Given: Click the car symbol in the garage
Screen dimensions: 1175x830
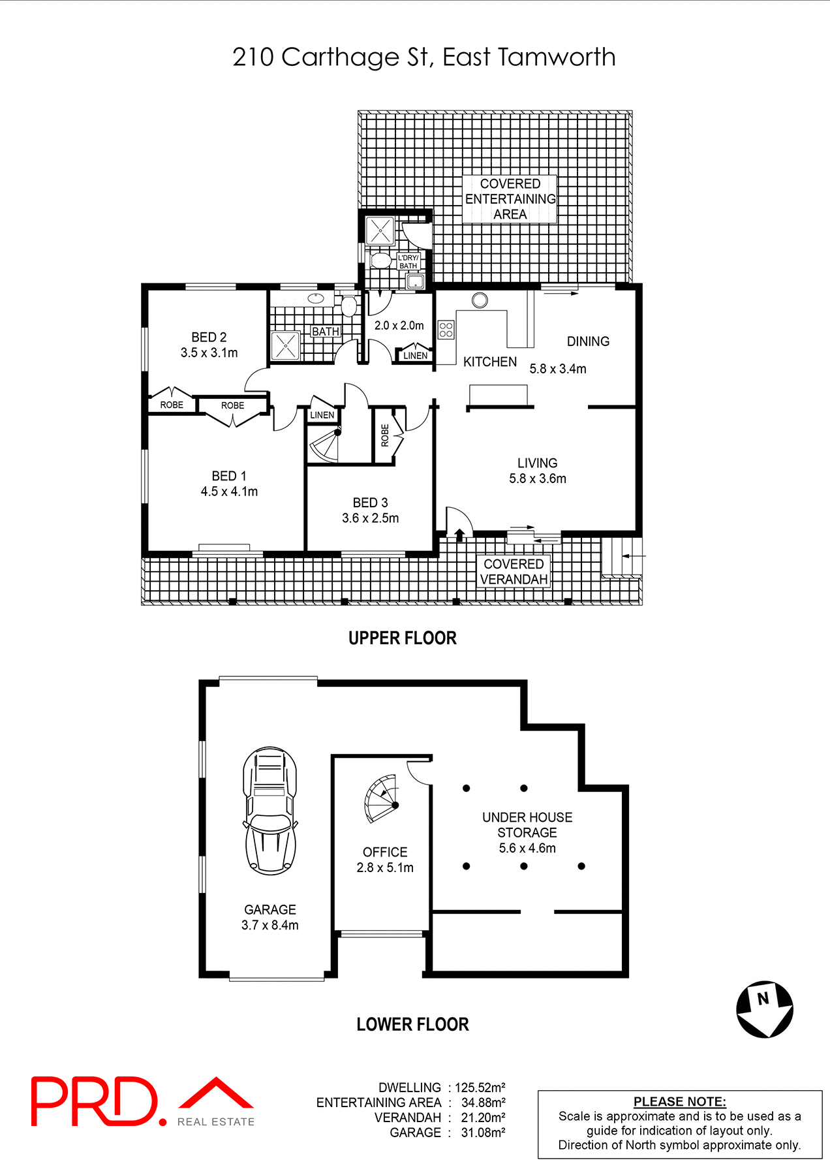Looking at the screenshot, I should click(270, 811).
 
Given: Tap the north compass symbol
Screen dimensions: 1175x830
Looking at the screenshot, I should click(765, 1009).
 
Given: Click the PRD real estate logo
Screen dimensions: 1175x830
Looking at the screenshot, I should click(142, 1102).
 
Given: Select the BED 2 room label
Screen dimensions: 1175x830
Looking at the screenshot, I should click(209, 337).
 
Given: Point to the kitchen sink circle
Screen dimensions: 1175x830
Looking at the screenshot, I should click(480, 300).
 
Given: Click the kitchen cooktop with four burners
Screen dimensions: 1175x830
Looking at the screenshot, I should click(446, 330).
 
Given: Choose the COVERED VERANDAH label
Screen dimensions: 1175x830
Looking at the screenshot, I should click(514, 572).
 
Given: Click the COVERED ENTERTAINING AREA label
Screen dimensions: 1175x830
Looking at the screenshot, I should click(510, 199).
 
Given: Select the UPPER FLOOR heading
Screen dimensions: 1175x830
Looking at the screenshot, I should click(402, 638).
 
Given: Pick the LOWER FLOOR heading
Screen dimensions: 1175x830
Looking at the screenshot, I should click(412, 1024).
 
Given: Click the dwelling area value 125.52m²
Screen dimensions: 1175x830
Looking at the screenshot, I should click(480, 1088).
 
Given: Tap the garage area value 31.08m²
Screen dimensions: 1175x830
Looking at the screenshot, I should click(483, 1133).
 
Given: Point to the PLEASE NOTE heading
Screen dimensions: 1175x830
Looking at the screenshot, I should click(679, 1102).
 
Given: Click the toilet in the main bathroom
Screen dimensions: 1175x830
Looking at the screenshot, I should click(349, 305).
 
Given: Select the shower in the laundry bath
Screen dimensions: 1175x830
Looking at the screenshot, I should click(380, 231).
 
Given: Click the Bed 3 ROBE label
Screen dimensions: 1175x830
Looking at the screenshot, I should click(384, 435).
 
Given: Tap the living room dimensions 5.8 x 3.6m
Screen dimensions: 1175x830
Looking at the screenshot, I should click(538, 478).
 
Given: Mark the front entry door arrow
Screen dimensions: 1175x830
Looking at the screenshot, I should click(459, 535).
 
